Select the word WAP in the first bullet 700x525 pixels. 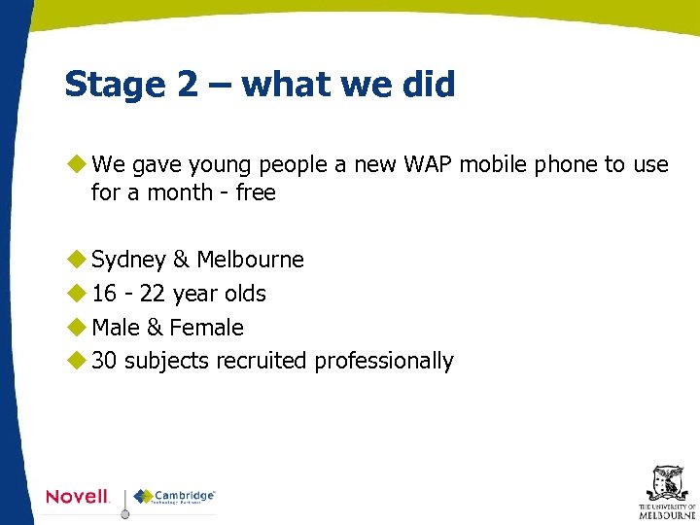click(421, 164)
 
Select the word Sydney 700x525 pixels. click(128, 261)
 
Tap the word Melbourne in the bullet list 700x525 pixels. click(250, 261)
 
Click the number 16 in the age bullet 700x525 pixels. click(104, 294)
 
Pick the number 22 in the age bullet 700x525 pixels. click(152, 294)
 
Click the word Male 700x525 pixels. click(115, 328)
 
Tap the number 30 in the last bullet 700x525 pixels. click(104, 361)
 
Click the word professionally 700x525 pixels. click(384, 361)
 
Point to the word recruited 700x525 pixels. click(262, 361)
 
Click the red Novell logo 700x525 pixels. click(78, 497)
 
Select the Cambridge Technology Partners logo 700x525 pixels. click(175, 497)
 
